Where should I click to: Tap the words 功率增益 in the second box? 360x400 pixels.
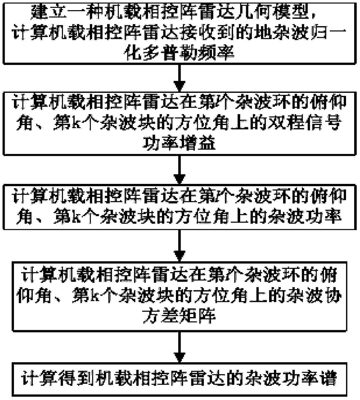pyautogui.click(x=179, y=143)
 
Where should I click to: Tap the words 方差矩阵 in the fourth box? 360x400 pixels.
pyautogui.click(x=179, y=316)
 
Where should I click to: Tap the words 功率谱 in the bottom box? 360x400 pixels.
pyautogui.click(x=309, y=378)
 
